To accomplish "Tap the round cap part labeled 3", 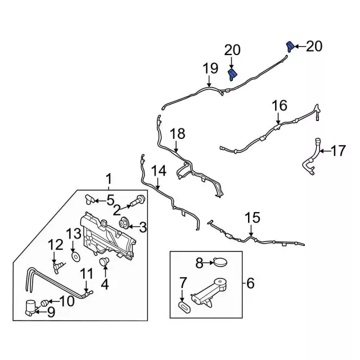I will tap(124, 226).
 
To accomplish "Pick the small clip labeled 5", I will tap(90, 199).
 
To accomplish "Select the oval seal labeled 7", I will tap(183, 306).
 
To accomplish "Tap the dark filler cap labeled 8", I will tap(219, 262).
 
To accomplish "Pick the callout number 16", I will tap(280, 105).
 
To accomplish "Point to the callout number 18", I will tap(177, 134).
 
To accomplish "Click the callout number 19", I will tap(210, 69).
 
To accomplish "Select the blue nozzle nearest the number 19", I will tap(232, 74).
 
